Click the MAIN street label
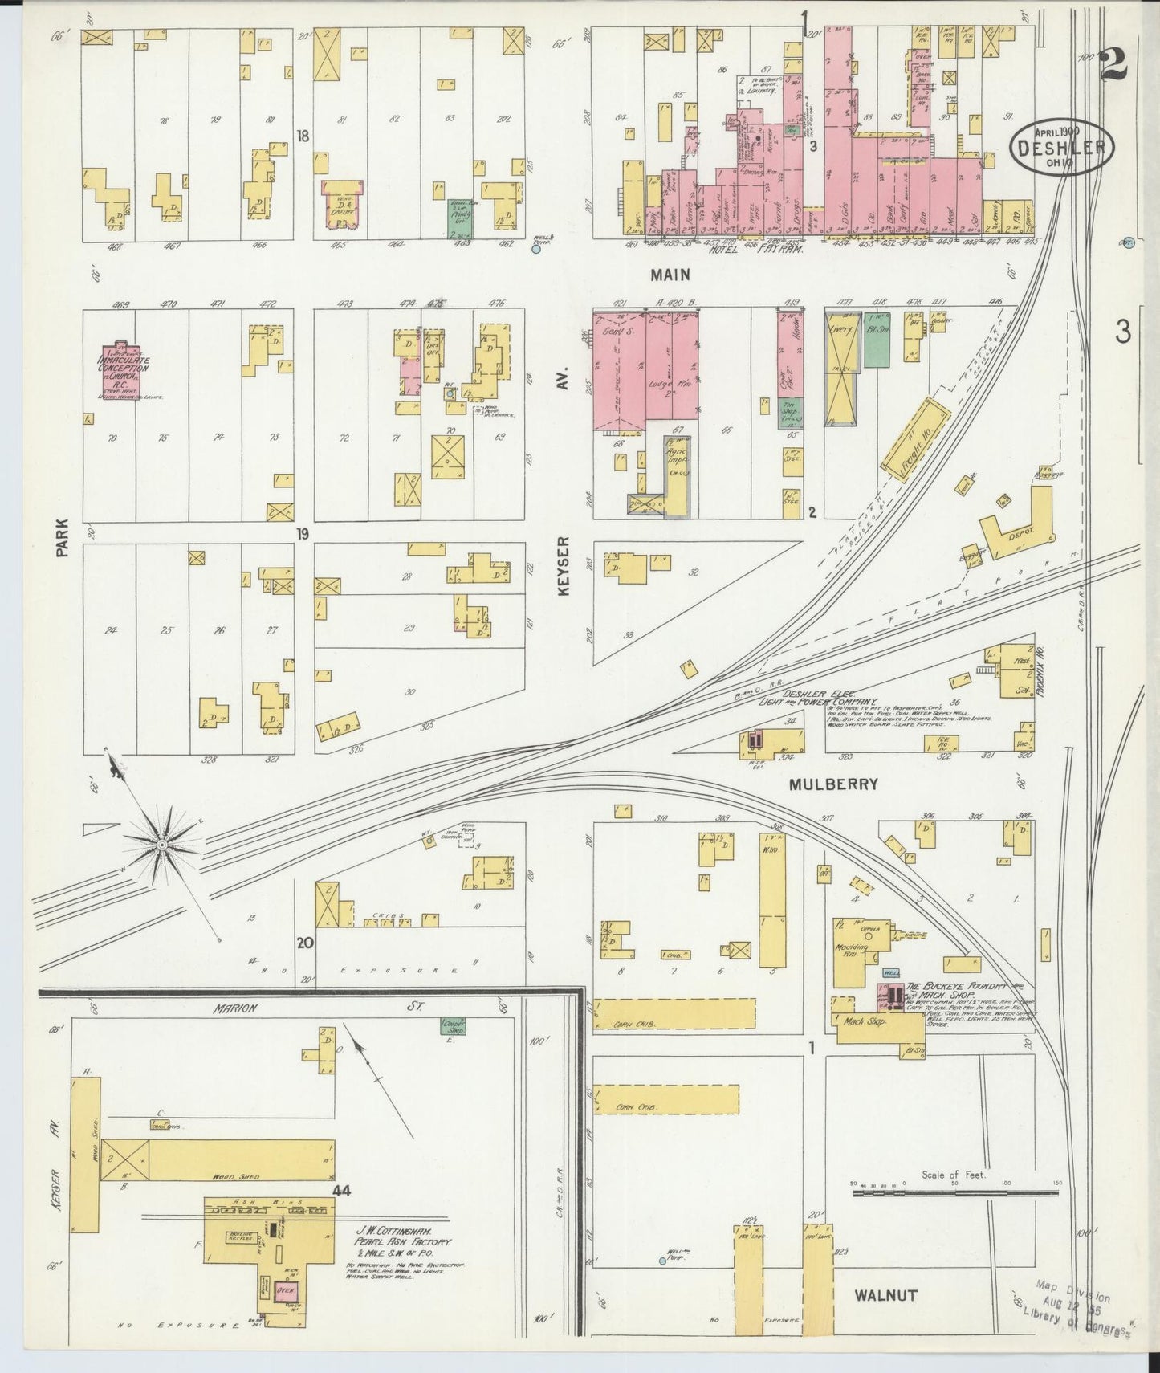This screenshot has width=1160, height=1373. (670, 275)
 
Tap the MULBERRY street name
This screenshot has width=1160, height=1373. (833, 784)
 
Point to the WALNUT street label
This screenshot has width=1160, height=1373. (885, 1294)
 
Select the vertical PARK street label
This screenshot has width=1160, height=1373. (63, 536)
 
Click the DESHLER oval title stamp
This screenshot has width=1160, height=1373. (1062, 147)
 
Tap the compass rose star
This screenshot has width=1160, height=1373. (161, 845)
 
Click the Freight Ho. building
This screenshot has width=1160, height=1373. (915, 437)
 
